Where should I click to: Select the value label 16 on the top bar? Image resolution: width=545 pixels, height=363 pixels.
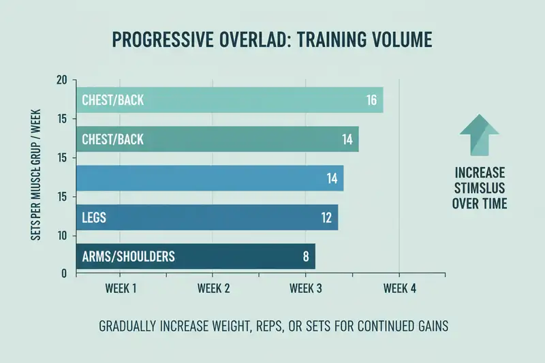pyautogui.click(x=371, y=100)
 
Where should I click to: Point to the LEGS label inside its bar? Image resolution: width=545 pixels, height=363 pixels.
pyautogui.click(x=95, y=218)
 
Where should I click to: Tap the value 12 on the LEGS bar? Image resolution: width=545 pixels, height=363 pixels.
pyautogui.click(x=326, y=218)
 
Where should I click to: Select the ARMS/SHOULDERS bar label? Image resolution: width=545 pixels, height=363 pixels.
pyautogui.click(x=128, y=257)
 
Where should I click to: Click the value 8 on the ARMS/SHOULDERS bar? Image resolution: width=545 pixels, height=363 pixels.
pyautogui.click(x=306, y=257)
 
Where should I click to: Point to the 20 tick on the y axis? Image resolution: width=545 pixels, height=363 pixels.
pyautogui.click(x=62, y=81)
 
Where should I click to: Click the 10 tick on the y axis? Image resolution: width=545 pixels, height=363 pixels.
pyautogui.click(x=62, y=236)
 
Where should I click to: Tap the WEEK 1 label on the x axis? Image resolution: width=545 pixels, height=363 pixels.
pyautogui.click(x=121, y=288)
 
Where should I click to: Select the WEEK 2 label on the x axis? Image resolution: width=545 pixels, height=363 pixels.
pyautogui.click(x=214, y=288)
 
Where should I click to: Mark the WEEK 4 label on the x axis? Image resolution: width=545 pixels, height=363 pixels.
pyautogui.click(x=399, y=288)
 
